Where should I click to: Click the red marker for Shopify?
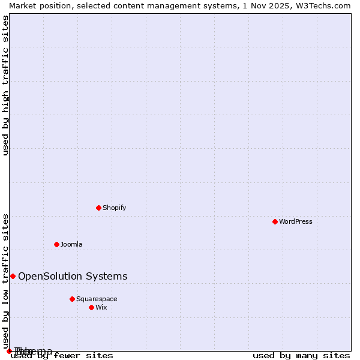click(98, 208)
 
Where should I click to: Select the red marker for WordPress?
click(275, 221)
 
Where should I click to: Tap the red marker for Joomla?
click(56, 244)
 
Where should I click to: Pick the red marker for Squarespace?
click(72, 299)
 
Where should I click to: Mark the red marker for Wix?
click(91, 307)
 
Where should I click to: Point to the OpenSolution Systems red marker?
click(13, 276)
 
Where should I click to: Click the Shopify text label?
click(114, 208)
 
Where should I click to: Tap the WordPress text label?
click(295, 221)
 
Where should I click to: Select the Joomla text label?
click(71, 244)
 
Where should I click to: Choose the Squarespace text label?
click(97, 299)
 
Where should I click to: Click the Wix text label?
click(101, 307)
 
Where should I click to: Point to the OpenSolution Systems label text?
click(73, 276)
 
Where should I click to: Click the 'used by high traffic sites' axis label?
click(5, 85)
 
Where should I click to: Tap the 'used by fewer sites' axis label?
click(62, 356)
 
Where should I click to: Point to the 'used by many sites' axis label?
click(301, 356)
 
